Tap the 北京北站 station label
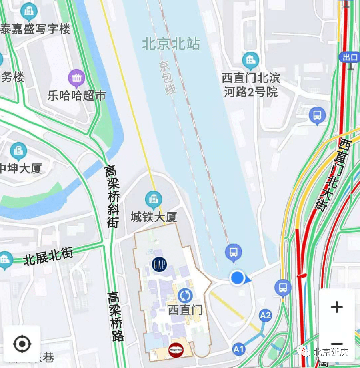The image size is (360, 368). [x=171, y=44]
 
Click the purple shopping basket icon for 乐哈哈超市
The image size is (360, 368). [x=76, y=78]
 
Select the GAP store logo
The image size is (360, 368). [x=160, y=264]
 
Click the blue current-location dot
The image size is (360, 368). [x=238, y=278]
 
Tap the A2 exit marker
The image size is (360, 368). [x=266, y=315]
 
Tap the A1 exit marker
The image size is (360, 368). [x=239, y=349]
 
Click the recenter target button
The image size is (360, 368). [x=22, y=344]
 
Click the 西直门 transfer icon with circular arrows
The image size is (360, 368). [x=185, y=296]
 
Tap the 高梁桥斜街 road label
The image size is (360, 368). [x=112, y=196]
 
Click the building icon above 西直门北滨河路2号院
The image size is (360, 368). [x=251, y=61]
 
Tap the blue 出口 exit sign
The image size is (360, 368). [x=350, y=57]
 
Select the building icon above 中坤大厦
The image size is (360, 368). [x=18, y=151]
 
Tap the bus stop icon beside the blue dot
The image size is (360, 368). [x=234, y=253]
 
